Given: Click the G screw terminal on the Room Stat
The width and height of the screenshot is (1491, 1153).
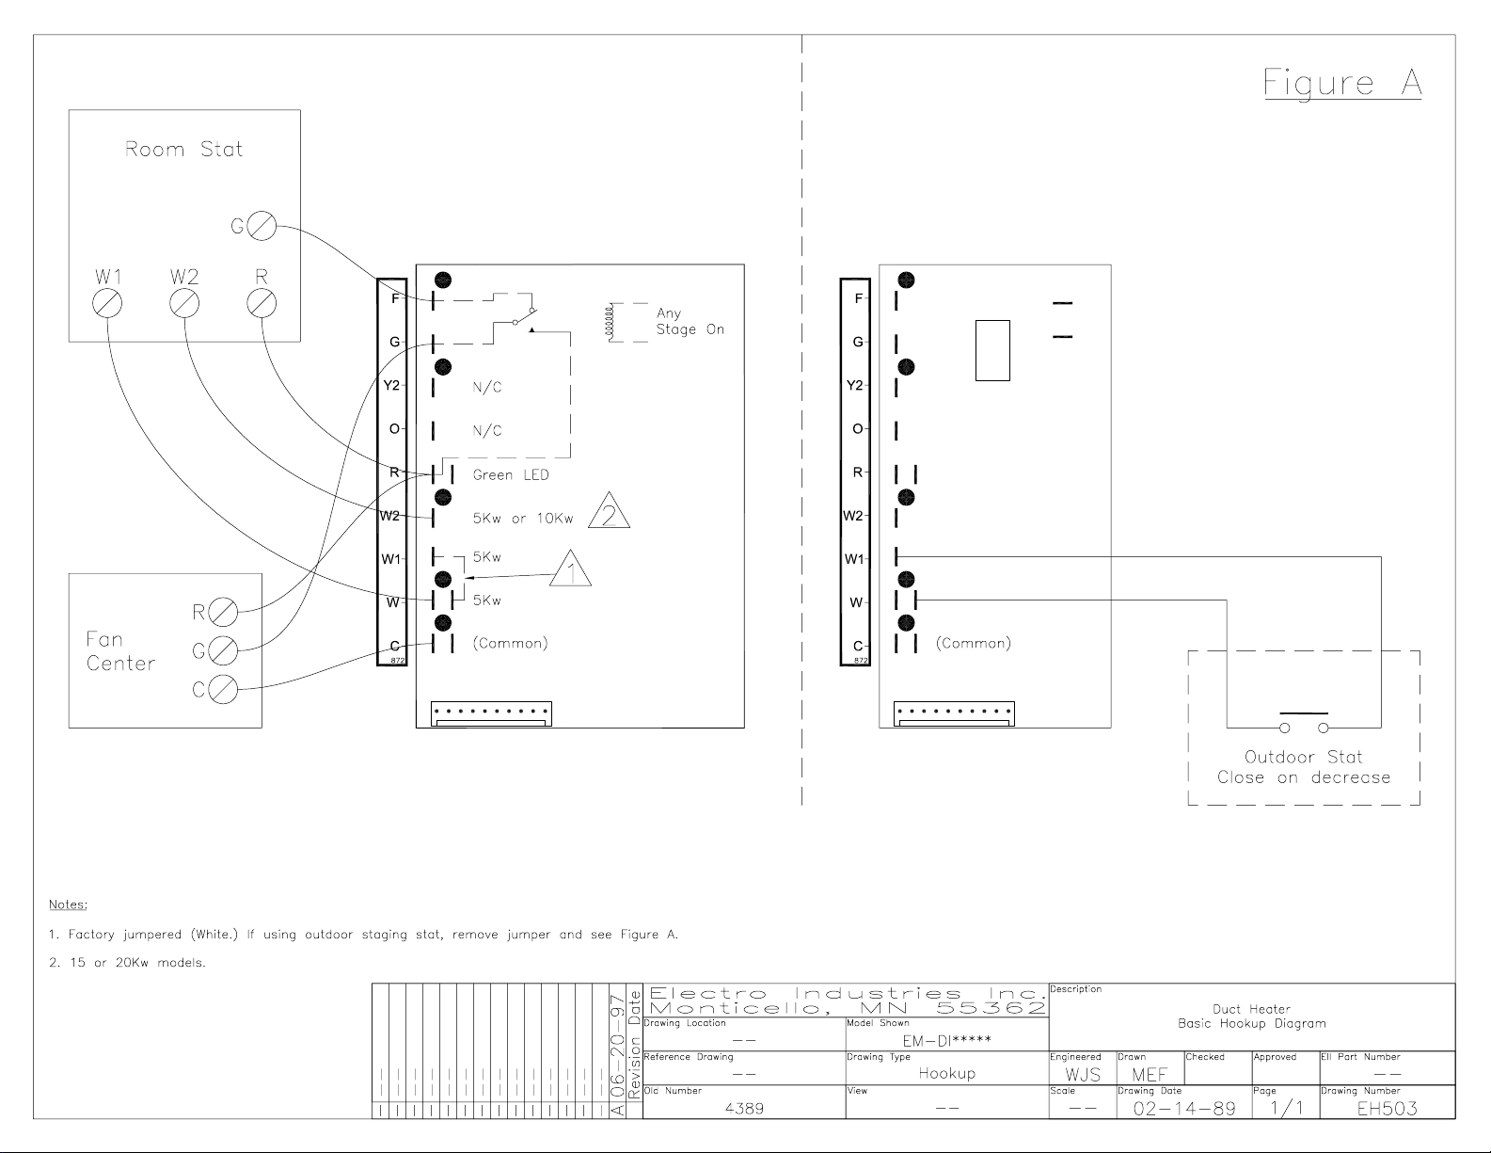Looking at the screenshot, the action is (262, 225).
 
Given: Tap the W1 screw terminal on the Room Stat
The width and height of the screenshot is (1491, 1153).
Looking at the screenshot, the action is (107, 303).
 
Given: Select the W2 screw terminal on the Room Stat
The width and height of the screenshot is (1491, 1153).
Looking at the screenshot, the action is (184, 303).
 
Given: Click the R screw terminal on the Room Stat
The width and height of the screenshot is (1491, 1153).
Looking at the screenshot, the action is (262, 303).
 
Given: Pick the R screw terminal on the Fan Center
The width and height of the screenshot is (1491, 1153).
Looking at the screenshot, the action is (223, 612).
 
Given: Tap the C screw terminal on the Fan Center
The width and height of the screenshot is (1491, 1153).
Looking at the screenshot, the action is (223, 689).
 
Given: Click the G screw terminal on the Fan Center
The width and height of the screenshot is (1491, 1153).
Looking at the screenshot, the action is (223, 650).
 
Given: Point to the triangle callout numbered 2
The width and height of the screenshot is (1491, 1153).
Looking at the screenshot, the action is (610, 510).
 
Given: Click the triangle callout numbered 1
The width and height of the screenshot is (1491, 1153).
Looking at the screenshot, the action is (570, 568).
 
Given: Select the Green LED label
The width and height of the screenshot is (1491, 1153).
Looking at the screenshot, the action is (511, 475).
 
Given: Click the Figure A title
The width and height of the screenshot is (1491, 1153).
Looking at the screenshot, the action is (1342, 84).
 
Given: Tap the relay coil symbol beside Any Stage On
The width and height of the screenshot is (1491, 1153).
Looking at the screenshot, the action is (608, 322).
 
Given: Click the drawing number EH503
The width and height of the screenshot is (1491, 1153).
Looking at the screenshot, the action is (1387, 1109).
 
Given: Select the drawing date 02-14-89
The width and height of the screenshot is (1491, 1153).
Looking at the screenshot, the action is (1184, 1109).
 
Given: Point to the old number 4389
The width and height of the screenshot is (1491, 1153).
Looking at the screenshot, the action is (744, 1109).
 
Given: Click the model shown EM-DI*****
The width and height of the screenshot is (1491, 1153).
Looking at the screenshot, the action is (947, 1040).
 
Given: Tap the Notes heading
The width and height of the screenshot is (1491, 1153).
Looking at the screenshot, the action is (68, 905).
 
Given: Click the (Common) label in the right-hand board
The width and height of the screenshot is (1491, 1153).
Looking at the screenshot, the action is (974, 643).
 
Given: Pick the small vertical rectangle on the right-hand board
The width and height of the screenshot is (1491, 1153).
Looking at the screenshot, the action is (992, 351).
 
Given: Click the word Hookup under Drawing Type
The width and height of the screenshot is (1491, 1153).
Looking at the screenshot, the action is (947, 1073).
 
